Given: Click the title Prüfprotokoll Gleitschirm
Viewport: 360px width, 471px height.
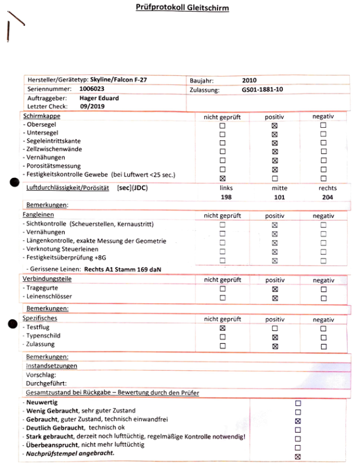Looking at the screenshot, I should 180,8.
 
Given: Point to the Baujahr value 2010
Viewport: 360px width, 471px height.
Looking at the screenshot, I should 250,81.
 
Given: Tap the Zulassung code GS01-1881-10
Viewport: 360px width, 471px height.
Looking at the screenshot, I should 262,90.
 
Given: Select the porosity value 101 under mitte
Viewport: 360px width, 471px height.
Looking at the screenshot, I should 279,197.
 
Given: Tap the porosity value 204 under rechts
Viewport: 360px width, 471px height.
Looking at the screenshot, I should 328,197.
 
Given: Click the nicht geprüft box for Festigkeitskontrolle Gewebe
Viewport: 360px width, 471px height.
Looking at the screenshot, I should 222,178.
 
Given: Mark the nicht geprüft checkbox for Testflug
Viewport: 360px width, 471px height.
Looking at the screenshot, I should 222,327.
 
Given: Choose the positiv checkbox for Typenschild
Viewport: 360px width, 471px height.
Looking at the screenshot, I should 275,337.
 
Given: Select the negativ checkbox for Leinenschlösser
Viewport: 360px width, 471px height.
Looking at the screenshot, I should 323,298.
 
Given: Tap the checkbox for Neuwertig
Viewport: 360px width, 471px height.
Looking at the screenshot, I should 298,403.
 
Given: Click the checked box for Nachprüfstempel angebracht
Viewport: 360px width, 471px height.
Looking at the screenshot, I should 298,456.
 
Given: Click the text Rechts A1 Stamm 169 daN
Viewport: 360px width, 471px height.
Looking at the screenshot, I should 123,268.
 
